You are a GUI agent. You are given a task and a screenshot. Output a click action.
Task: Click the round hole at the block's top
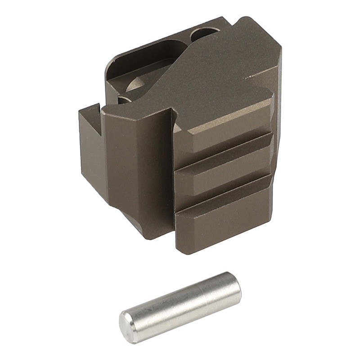[x=204, y=33]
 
